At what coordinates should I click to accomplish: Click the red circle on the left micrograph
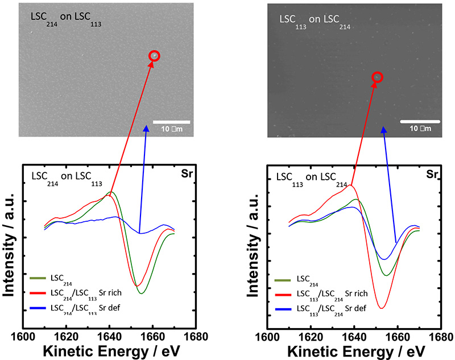(154, 56)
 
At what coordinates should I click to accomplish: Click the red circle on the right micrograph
(377, 77)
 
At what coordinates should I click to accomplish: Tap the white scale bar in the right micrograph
(421, 122)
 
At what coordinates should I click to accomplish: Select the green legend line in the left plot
(38, 279)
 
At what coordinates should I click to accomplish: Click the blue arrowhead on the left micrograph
(146, 129)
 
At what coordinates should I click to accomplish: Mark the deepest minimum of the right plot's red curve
(381, 308)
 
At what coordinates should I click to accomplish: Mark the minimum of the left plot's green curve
(140, 293)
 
